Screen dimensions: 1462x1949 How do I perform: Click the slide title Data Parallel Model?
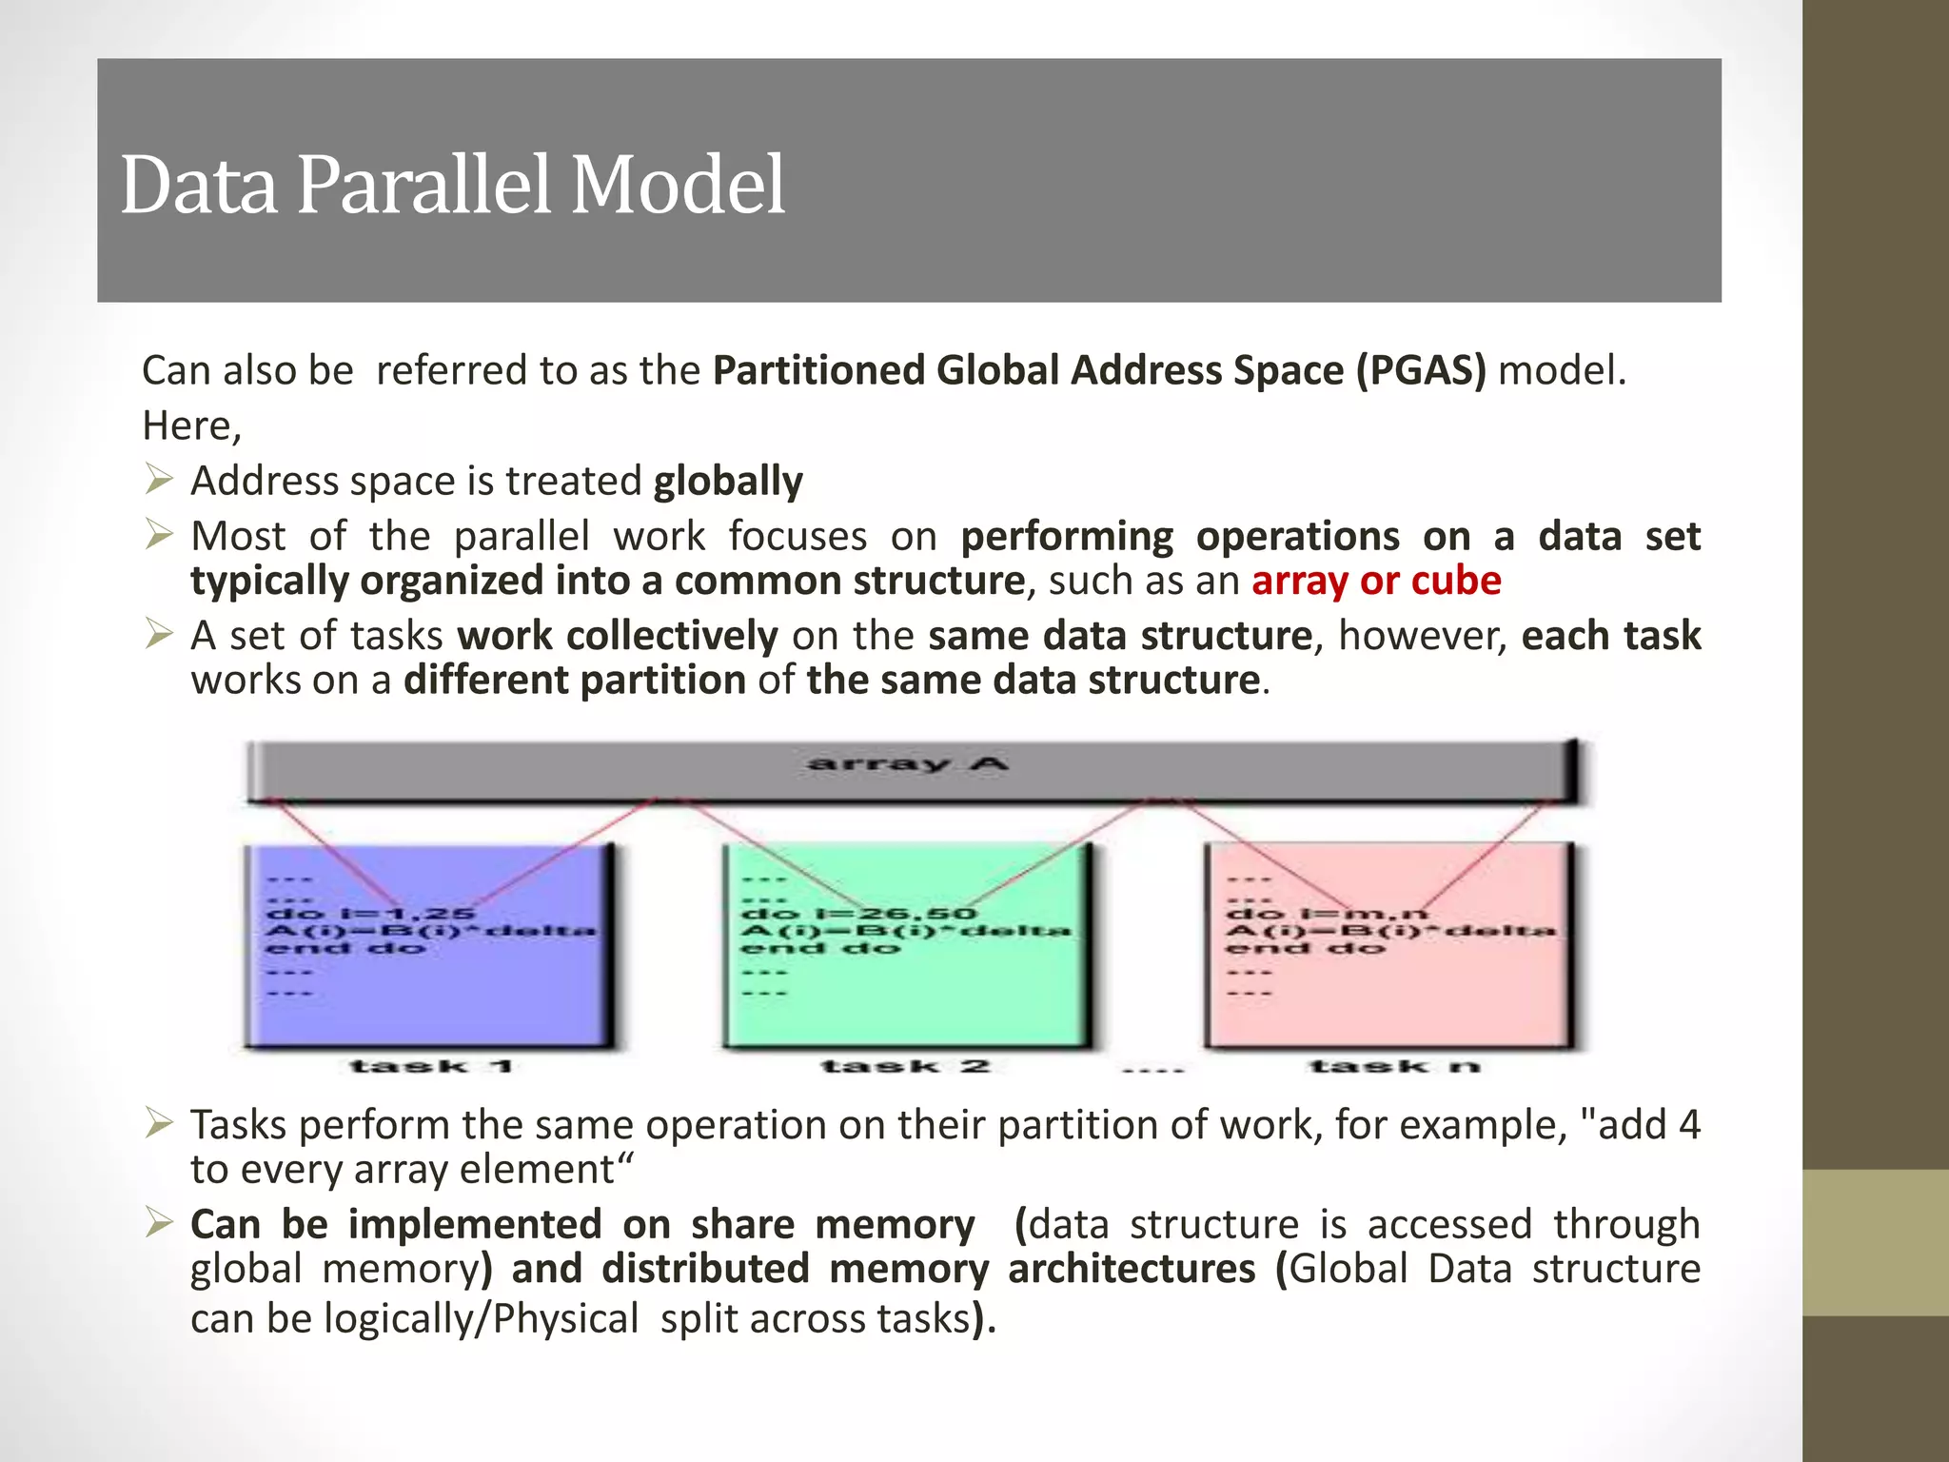pos(452,185)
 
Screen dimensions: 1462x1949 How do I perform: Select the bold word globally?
pos(728,481)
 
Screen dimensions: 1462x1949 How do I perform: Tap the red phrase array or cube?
pos(1376,581)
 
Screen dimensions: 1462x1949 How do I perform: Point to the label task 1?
pos(431,1066)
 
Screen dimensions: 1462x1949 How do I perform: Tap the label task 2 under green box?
pos(905,1066)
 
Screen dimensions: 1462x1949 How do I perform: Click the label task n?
pos(1394,1066)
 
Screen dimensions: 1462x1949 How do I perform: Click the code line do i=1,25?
pos(370,914)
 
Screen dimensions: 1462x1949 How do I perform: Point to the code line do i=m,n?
pos(1327,914)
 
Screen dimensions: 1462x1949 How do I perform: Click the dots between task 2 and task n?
pos(1152,1070)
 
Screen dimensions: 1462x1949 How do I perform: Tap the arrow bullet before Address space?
pos(159,479)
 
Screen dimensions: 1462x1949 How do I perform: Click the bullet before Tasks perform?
pos(159,1124)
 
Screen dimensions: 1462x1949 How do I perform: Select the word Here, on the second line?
pos(191,425)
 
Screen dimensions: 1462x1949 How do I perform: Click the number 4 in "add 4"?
pos(1688,1125)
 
